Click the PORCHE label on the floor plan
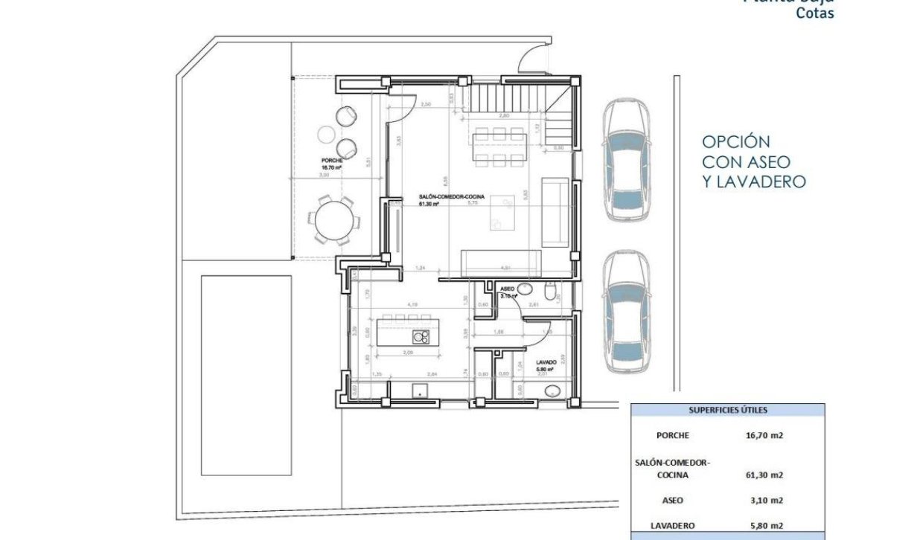pyautogui.click(x=332, y=161)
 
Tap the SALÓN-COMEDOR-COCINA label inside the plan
pyautogui.click(x=451, y=197)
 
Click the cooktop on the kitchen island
pyautogui.click(x=421, y=337)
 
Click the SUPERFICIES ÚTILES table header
pyautogui.click(x=727, y=410)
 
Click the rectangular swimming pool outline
pyautogui.click(x=246, y=374)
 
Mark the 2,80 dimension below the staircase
pyautogui.click(x=504, y=116)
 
